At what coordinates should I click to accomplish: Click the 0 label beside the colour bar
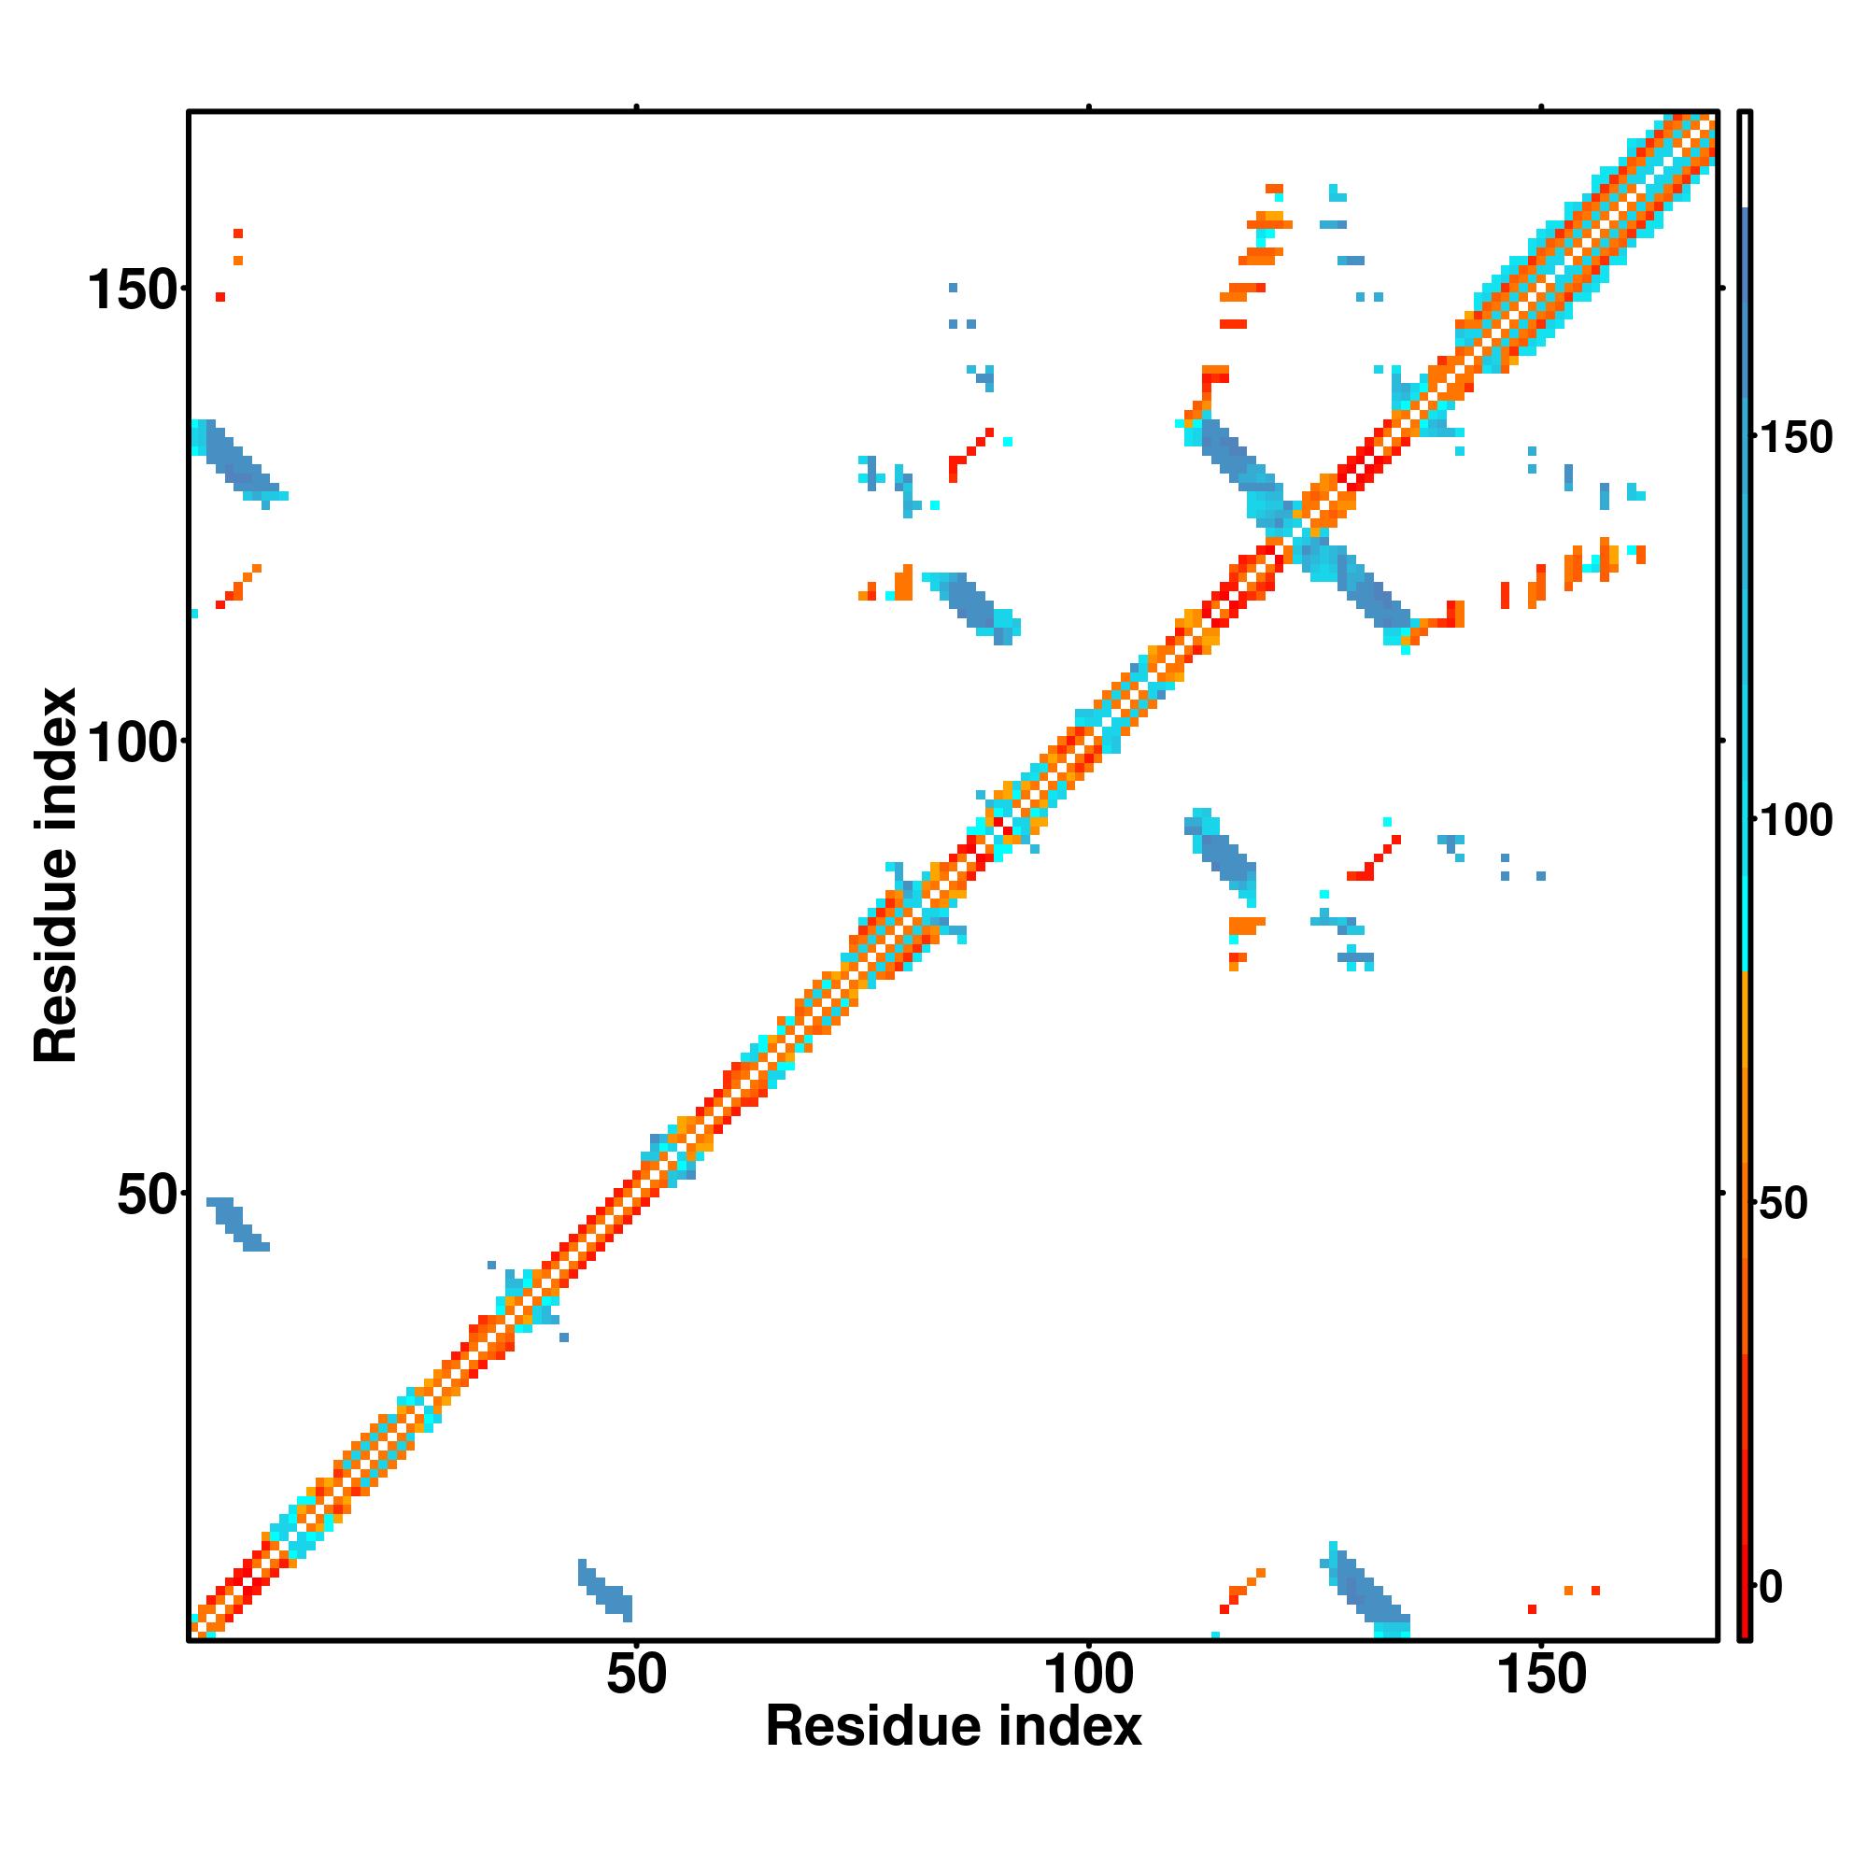pos(1771,1587)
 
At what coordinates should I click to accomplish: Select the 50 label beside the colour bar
pos(1782,1205)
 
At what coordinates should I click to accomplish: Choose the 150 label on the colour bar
pos(1794,438)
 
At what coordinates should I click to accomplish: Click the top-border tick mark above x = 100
pos(1089,106)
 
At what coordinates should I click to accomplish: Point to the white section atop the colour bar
pos(1746,160)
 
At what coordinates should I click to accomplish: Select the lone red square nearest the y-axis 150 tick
pos(220,297)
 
